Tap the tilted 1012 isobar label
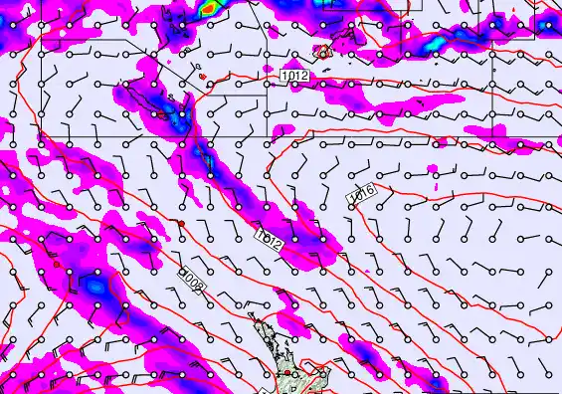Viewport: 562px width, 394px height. tap(269, 239)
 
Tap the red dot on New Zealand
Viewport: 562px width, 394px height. tap(287, 372)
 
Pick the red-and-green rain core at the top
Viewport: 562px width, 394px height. tap(207, 8)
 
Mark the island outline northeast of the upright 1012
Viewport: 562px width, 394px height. tap(324, 50)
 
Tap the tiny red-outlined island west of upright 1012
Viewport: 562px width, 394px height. tap(201, 75)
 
